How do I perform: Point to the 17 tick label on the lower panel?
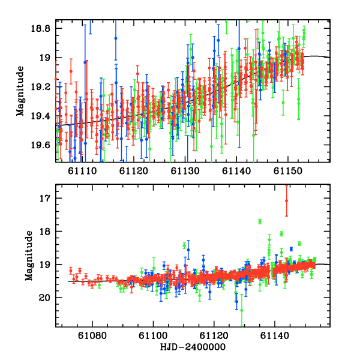47,198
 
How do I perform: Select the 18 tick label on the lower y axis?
47,231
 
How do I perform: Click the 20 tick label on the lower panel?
47,298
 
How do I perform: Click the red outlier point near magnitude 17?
286,200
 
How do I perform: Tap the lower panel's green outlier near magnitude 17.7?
260,221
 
